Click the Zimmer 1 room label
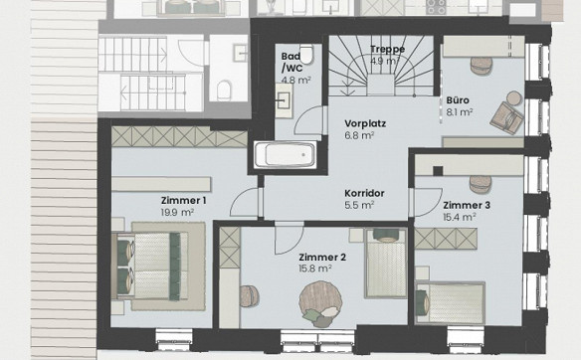183,201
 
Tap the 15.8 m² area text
315,269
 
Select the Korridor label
364,193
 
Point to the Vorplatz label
365,123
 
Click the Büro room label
458,100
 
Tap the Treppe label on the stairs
387,49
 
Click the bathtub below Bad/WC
286,154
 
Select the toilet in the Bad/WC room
306,54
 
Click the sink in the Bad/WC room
285,100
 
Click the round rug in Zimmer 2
320,302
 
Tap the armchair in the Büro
507,117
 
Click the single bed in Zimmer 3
450,303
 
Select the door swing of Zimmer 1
244,202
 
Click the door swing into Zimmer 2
290,238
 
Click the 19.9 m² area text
177,213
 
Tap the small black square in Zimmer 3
438,171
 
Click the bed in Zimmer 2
386,263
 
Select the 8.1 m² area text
459,111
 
